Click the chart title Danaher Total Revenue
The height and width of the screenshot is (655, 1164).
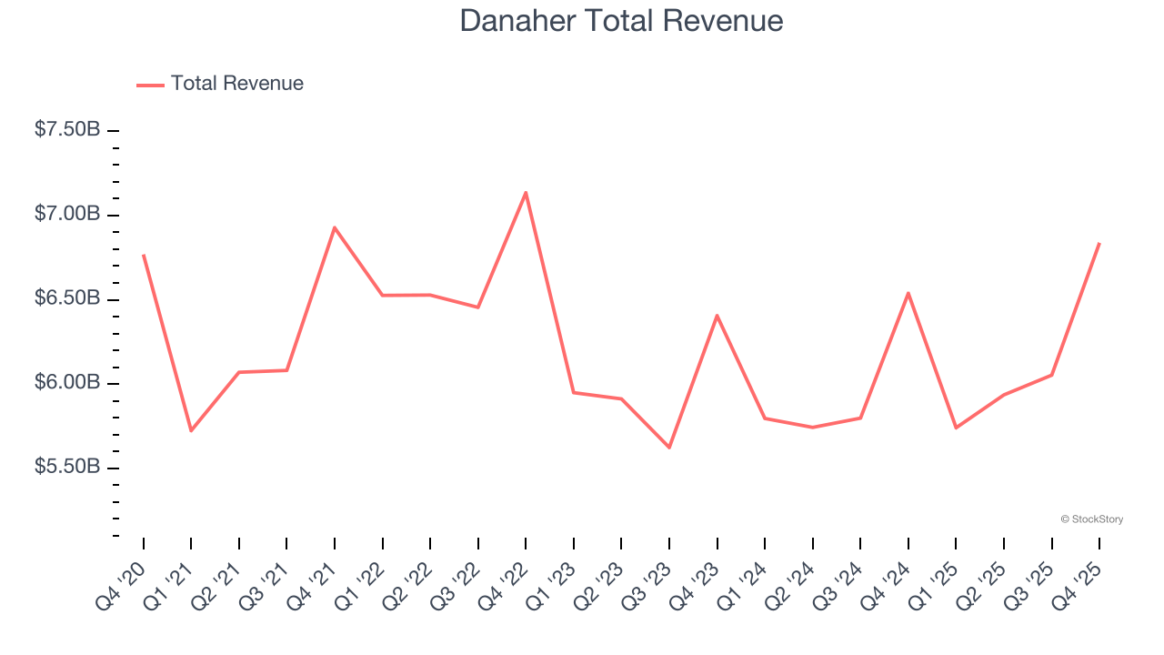(621, 21)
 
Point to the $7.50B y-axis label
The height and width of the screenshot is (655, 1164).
(67, 130)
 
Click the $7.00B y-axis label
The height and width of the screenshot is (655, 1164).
(67, 215)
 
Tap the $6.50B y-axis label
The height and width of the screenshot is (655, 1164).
(67, 299)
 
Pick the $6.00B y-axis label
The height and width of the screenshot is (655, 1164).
(67, 383)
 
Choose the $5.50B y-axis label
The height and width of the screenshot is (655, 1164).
(67, 468)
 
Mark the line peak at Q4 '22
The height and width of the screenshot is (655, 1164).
(526, 193)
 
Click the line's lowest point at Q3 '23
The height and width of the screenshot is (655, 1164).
(669, 448)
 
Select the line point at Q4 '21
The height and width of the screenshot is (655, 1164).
(335, 227)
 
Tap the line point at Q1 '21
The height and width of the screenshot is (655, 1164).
(191, 430)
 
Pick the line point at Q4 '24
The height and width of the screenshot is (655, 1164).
(908, 293)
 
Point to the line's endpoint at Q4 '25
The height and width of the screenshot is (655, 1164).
(1099, 244)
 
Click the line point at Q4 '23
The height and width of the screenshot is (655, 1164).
(717, 316)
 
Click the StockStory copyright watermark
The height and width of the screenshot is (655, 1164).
(1091, 519)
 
